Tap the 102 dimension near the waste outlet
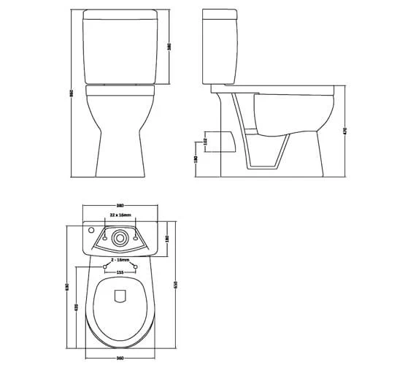click(206, 142)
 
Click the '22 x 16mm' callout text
click(120, 216)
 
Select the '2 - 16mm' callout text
click(120, 259)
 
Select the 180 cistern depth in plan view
click(168, 238)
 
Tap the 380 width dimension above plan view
click(120, 205)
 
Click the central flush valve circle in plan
click(120, 237)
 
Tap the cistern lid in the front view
click(120, 14)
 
